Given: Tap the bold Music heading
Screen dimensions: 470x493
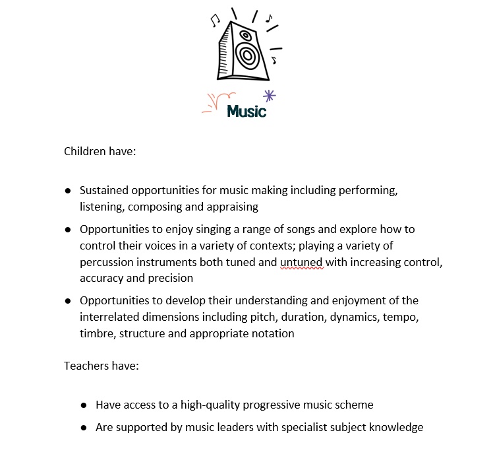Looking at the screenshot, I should click(246, 112).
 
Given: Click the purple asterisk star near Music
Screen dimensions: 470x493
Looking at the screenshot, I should click(269, 95).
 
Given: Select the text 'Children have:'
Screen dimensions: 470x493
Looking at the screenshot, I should click(100, 151).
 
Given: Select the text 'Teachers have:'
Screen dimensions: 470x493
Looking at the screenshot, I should click(101, 365).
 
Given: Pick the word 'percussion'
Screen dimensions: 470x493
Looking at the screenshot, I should click(105, 262).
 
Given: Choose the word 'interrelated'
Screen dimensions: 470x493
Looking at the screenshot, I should click(110, 317).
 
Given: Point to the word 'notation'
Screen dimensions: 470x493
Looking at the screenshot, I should click(273, 333).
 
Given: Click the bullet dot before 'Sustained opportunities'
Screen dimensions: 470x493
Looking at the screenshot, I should click(68, 191).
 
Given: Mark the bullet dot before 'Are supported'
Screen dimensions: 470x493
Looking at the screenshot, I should click(84, 428).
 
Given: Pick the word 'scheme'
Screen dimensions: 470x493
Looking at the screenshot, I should click(355, 405).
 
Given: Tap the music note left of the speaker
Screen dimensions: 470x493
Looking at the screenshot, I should click(214, 21).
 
